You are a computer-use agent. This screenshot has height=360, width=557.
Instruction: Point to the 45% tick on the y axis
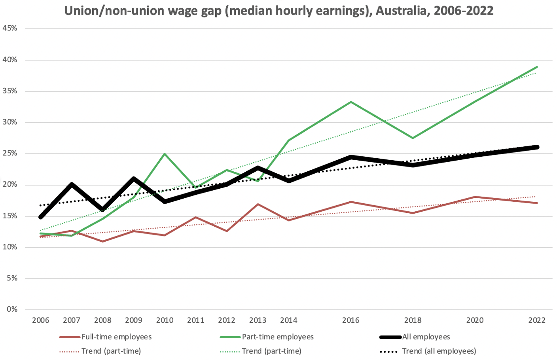(10, 28)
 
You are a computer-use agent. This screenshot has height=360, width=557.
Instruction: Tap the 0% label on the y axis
(12, 309)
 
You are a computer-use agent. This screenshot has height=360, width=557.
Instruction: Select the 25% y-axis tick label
(10, 153)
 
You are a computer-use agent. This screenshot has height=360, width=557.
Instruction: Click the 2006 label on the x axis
(40, 320)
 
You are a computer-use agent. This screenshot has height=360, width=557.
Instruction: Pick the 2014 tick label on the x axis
(288, 320)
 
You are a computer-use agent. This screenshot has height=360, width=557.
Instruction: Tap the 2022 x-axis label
(537, 320)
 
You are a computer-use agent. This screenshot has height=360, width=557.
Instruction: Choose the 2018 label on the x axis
(413, 320)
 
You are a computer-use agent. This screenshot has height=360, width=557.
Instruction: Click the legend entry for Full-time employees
(116, 337)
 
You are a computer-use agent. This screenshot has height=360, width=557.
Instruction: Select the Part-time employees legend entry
(277, 337)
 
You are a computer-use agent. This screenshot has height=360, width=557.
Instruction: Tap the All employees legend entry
(426, 337)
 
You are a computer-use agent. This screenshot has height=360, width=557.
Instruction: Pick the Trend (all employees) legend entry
(439, 351)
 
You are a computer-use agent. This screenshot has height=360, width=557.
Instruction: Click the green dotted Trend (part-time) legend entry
(271, 351)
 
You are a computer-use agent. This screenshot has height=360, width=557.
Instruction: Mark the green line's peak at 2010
(165, 154)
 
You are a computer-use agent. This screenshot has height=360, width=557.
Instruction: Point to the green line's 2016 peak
(351, 102)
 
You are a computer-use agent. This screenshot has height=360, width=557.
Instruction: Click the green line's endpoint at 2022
(537, 67)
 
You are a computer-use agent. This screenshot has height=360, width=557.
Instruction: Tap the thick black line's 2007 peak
(72, 184)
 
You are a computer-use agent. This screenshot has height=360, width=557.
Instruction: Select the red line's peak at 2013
(258, 205)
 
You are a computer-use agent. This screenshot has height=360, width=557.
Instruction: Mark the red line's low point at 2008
(102, 241)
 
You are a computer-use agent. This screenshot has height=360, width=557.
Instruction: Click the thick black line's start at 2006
(41, 217)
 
